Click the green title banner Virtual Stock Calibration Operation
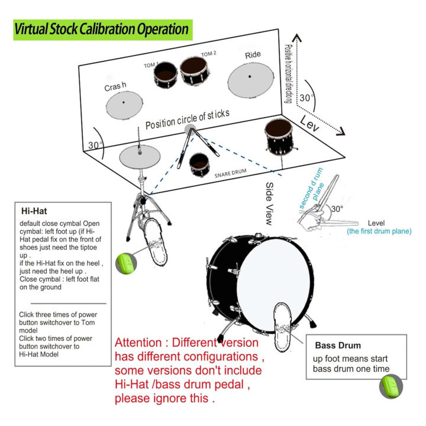101,29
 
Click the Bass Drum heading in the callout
338,345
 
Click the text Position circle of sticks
188,119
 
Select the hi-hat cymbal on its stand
140,157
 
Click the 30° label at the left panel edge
93,145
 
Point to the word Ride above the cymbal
252,55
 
